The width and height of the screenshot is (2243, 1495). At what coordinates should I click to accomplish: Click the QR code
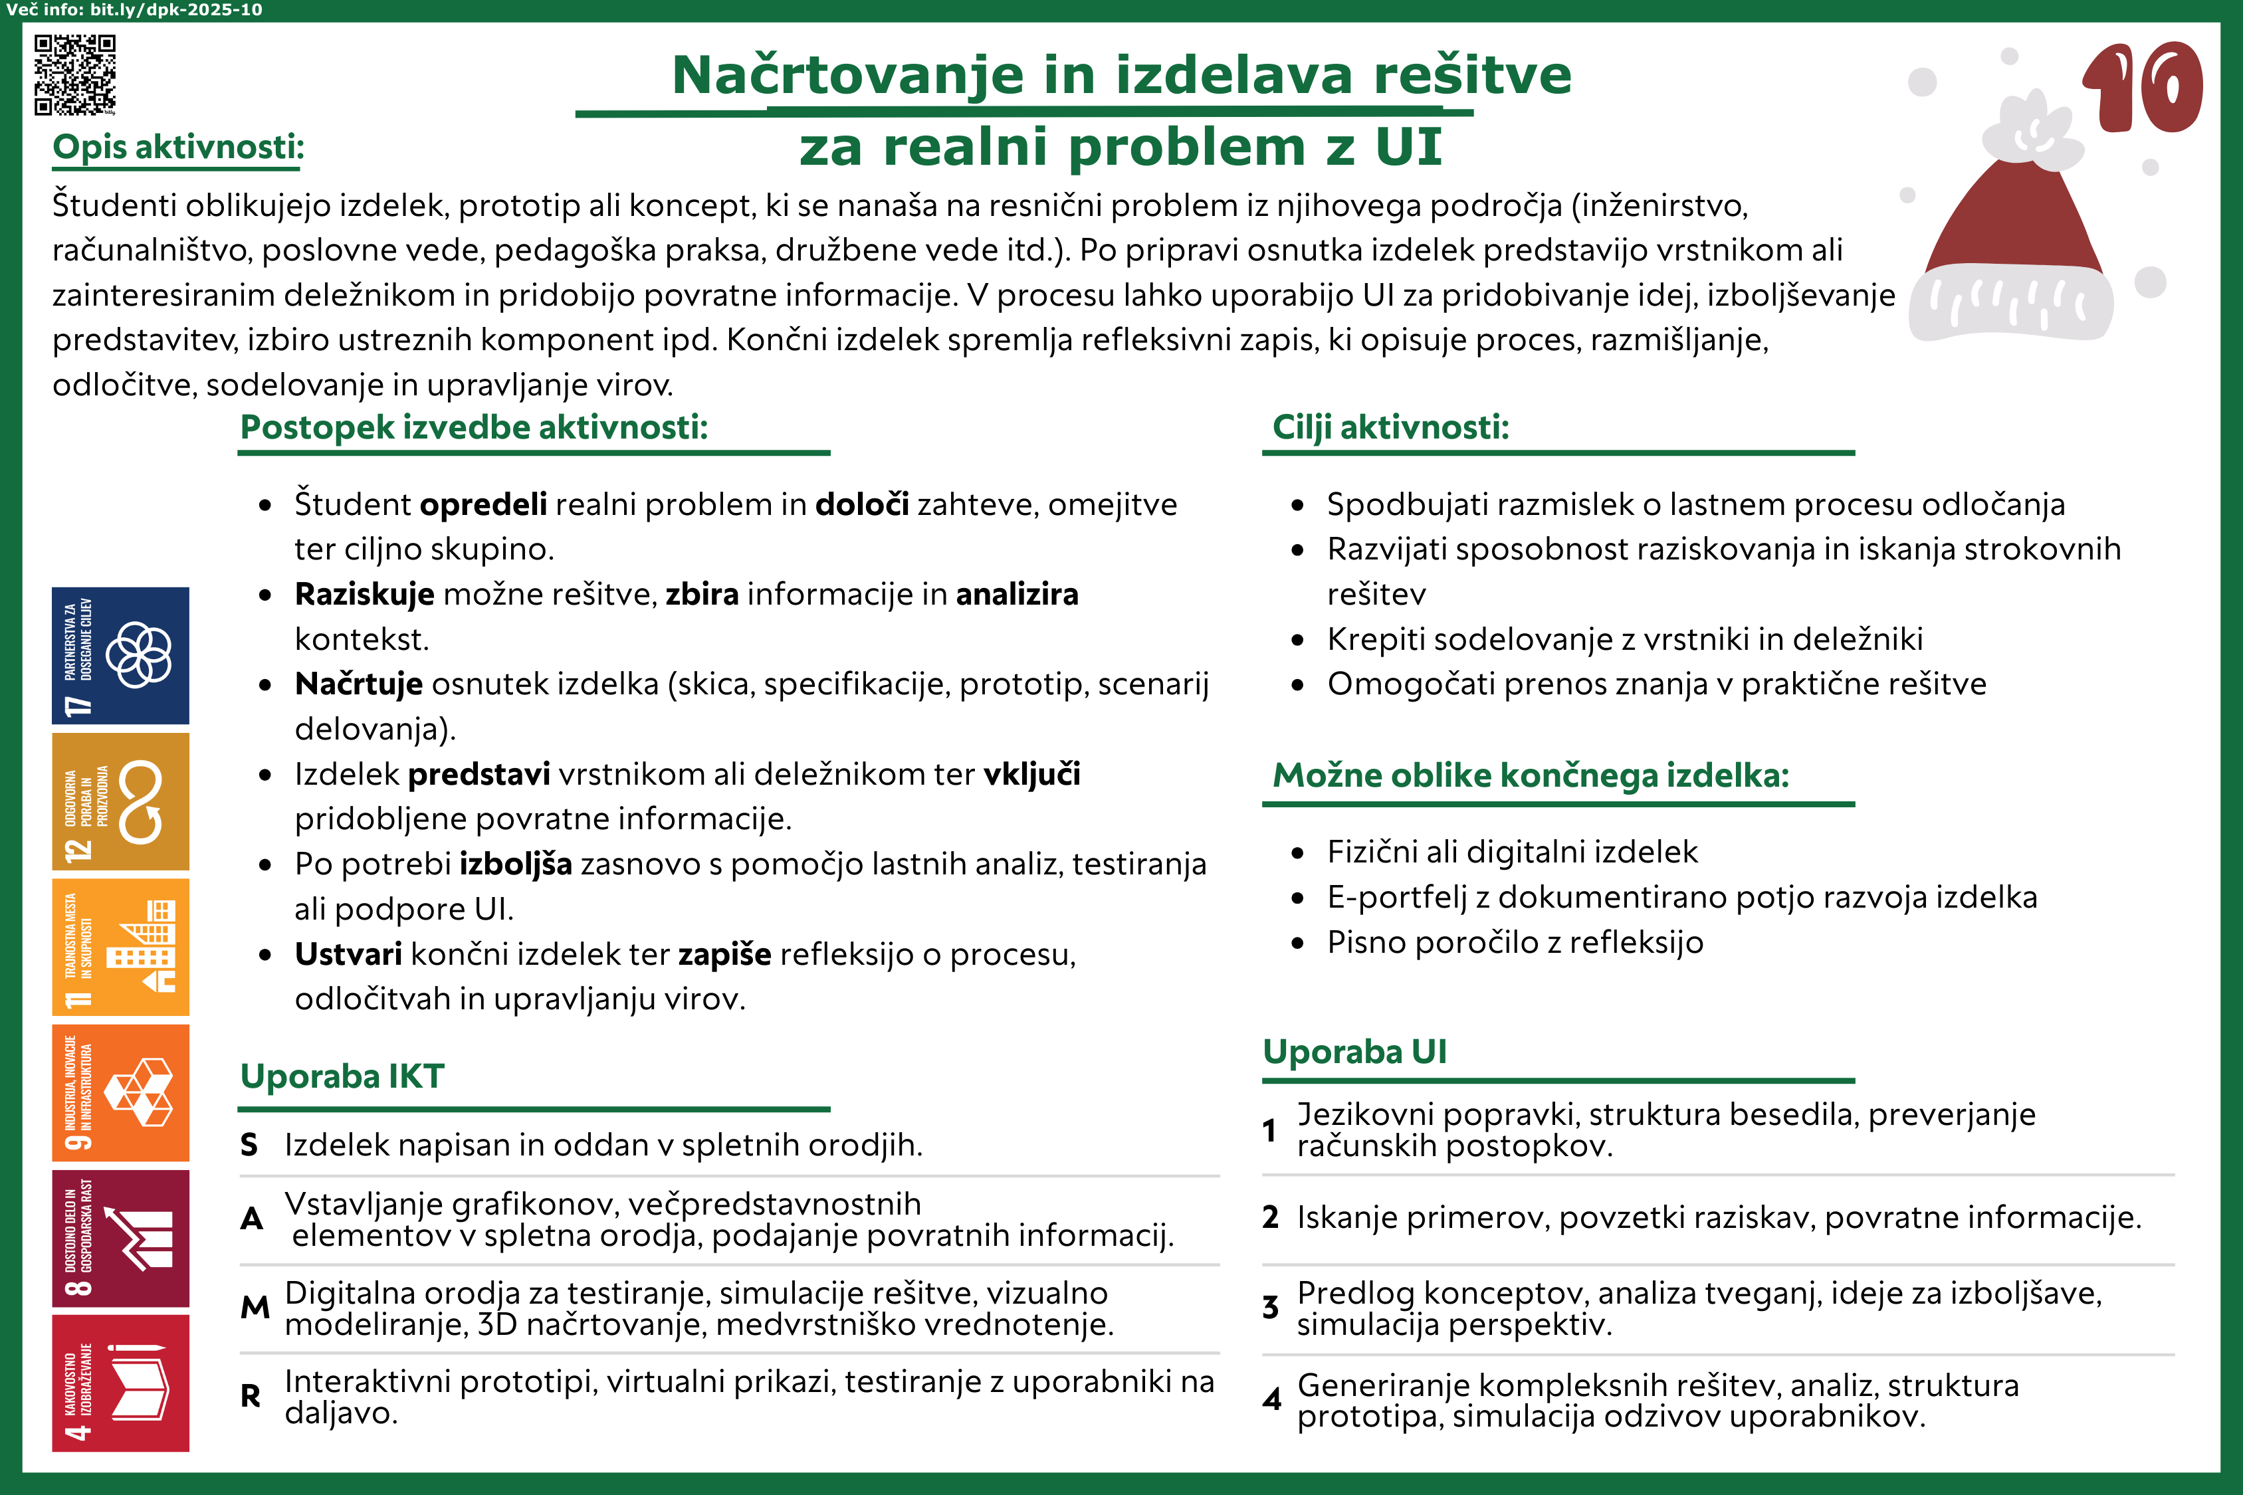tap(75, 74)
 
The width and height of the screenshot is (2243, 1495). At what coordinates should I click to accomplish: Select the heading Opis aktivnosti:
tap(178, 147)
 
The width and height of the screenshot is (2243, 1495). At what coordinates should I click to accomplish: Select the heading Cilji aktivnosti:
tap(1390, 427)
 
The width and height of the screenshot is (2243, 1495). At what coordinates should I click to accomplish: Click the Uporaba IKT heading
tap(342, 1076)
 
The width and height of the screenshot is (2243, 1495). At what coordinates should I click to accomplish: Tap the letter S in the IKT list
tap(249, 1144)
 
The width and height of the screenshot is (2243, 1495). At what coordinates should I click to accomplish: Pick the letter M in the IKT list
tap(255, 1307)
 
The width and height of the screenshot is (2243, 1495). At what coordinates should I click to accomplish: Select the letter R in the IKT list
tap(251, 1396)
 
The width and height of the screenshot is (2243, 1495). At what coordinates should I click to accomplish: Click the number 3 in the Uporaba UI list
tap(1270, 1307)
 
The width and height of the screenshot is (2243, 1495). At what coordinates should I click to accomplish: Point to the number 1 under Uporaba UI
tap(1269, 1130)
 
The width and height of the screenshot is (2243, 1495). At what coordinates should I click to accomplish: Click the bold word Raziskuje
tap(364, 594)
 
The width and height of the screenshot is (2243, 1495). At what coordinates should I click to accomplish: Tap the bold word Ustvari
tap(348, 953)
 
